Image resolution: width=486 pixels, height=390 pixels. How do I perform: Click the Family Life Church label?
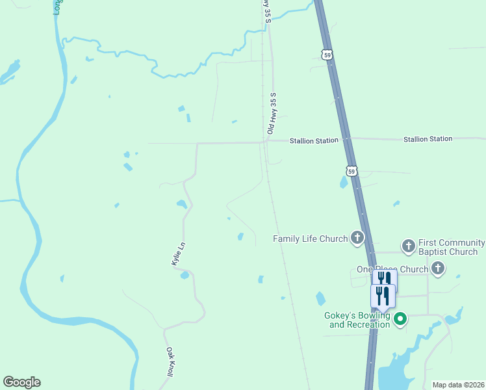click(310, 239)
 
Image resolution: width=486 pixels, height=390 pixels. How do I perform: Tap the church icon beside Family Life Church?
click(357, 238)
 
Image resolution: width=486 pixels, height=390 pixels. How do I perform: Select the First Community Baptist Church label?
click(448, 246)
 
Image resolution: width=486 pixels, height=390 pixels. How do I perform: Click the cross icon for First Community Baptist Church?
click(408, 246)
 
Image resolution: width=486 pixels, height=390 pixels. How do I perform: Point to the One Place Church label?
click(392, 269)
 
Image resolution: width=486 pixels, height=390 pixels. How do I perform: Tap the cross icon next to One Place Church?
click(437, 268)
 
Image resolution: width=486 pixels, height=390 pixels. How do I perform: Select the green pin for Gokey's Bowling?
click(401, 318)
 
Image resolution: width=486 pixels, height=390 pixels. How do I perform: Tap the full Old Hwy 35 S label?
click(273, 112)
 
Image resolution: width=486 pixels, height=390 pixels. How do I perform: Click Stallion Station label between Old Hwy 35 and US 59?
click(314, 140)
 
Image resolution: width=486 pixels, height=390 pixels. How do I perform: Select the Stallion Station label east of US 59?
click(428, 139)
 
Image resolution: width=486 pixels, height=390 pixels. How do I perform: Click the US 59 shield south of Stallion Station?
click(351, 171)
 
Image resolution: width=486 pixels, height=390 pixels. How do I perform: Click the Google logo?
click(21, 382)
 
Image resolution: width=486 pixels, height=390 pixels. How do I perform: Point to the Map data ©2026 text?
click(458, 385)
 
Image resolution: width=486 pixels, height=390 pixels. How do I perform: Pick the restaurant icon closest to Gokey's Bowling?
click(383, 296)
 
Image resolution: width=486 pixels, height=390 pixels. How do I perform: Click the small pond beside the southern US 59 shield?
click(343, 183)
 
